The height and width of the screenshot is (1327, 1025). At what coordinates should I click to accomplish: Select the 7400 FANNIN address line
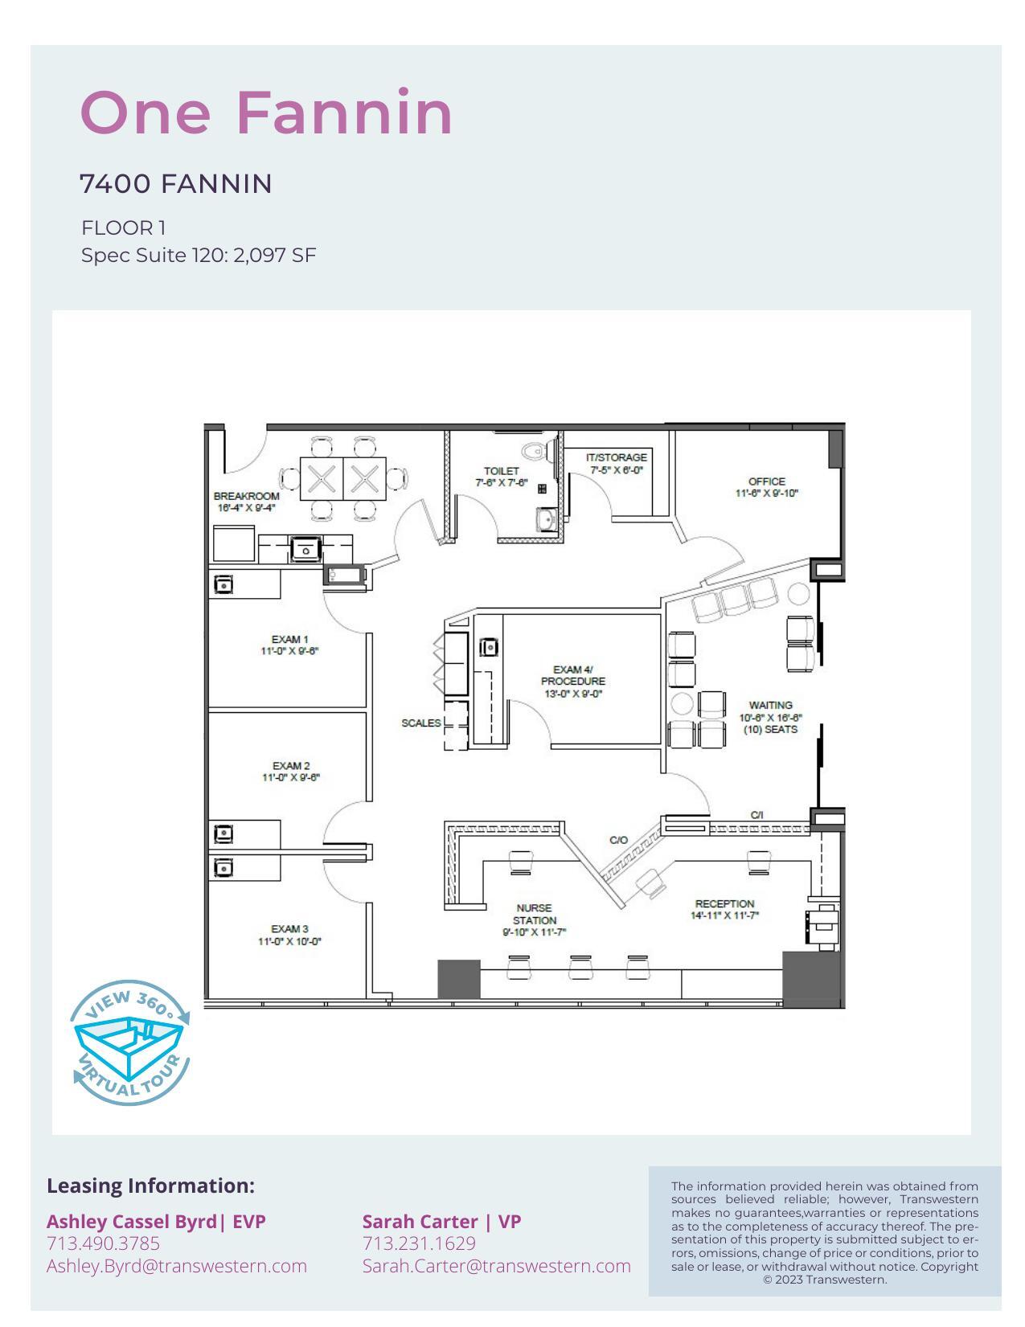click(x=175, y=184)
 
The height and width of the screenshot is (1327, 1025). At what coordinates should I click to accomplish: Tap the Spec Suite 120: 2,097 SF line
click(x=199, y=256)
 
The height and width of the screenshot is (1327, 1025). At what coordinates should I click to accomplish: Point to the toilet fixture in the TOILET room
click(x=534, y=450)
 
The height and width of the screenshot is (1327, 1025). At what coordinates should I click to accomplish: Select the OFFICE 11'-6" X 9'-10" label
click(x=766, y=487)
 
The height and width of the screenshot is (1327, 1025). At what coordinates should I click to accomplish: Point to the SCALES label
click(x=420, y=723)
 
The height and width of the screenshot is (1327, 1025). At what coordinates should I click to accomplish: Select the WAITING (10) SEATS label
click(x=770, y=717)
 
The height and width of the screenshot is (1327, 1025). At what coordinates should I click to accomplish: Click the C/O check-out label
click(x=618, y=840)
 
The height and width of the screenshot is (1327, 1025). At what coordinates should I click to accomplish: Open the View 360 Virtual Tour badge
click(x=131, y=1042)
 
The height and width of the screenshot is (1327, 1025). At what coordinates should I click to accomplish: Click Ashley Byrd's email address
click(x=177, y=1266)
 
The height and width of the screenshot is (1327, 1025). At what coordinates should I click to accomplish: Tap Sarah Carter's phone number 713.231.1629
click(x=419, y=1243)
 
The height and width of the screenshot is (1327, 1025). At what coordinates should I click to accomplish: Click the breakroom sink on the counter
click(x=305, y=550)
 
